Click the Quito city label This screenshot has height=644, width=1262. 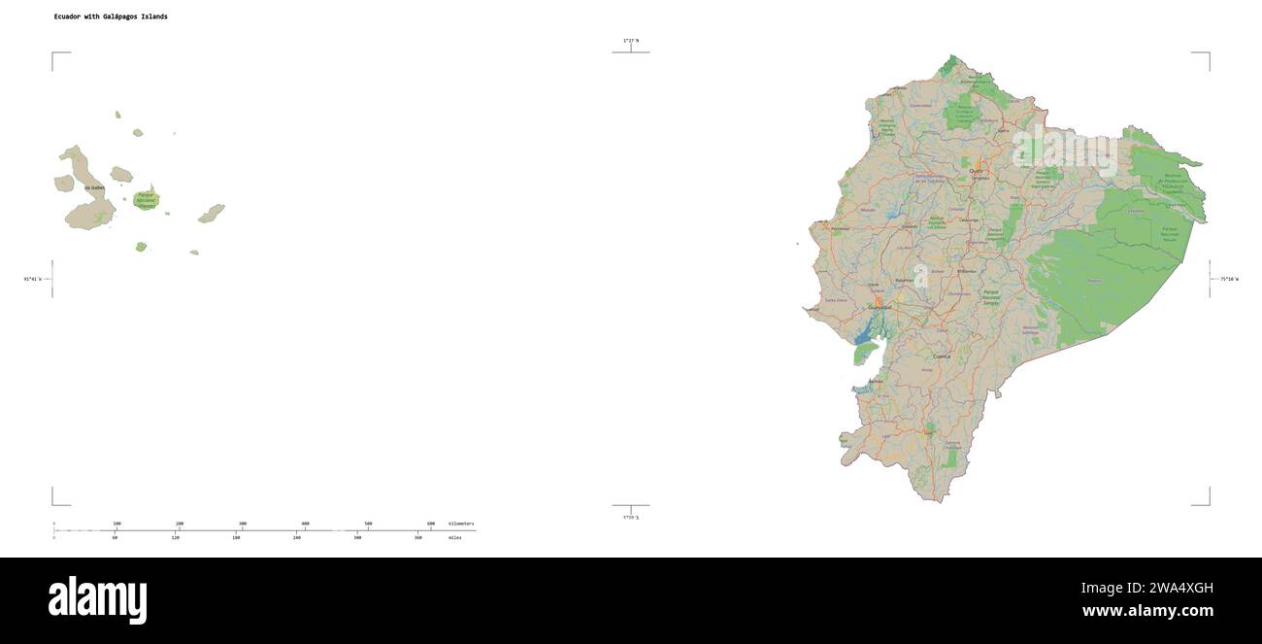(976, 170)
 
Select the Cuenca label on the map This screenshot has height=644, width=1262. (942, 356)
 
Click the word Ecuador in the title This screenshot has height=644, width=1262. (68, 17)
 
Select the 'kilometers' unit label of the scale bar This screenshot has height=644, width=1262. (461, 524)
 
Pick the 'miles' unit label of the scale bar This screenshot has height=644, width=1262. (454, 537)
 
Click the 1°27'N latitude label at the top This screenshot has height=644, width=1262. (631, 40)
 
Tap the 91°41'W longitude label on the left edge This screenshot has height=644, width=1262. (33, 279)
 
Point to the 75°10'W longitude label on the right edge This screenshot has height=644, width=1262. (1229, 279)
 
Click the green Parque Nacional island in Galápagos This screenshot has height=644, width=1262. (147, 200)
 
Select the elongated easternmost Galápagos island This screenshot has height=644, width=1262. (212, 213)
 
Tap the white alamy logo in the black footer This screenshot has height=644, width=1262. (97, 599)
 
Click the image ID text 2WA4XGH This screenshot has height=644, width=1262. (1158, 588)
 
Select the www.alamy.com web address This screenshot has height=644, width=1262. (1147, 611)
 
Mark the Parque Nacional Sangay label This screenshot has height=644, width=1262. (991, 298)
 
